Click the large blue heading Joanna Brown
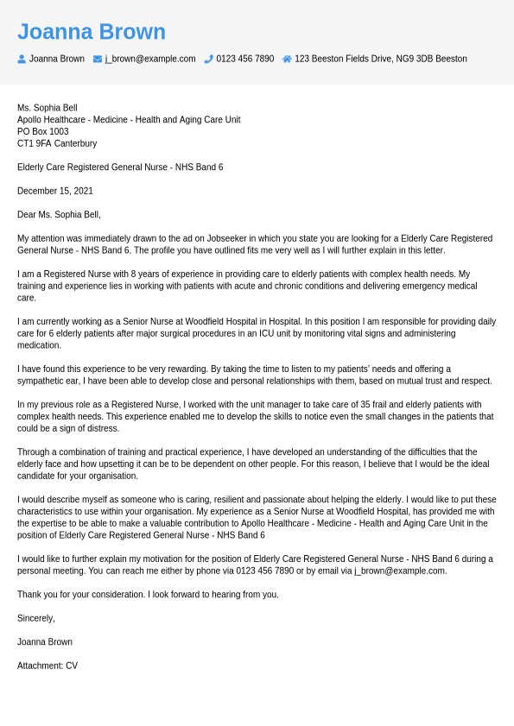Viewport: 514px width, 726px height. (x=92, y=32)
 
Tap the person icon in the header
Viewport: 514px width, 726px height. (x=22, y=60)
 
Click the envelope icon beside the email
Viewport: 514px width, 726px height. (x=98, y=60)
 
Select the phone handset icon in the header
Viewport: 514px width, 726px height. (x=208, y=60)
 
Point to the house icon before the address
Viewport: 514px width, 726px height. (x=287, y=60)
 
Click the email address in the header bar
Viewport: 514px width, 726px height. (x=150, y=60)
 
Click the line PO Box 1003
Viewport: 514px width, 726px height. (x=43, y=132)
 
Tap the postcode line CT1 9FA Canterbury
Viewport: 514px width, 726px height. (x=57, y=144)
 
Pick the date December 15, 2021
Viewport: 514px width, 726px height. (x=55, y=192)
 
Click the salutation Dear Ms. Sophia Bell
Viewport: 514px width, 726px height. (x=59, y=215)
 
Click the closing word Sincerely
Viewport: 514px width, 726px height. (x=36, y=619)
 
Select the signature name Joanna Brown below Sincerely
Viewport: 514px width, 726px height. (x=45, y=642)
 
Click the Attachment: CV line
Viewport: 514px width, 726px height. (x=48, y=666)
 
